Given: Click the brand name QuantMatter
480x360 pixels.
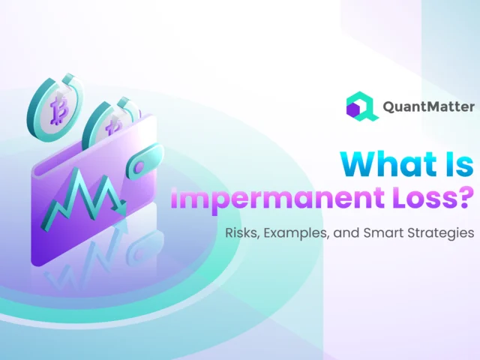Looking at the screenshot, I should [x=428, y=107].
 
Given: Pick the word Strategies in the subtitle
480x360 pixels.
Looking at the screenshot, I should [x=443, y=234].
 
